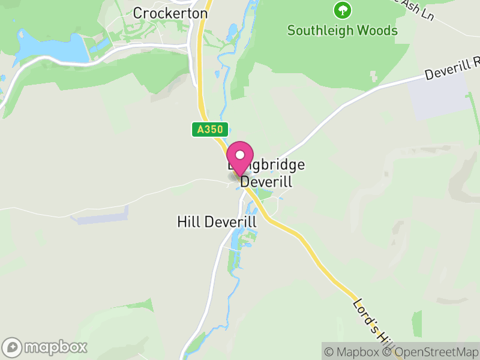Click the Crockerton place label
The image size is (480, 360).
pyautogui.click(x=170, y=13)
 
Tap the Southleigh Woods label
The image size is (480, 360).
pyautogui.click(x=342, y=30)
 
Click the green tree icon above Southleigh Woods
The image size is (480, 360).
pyautogui.click(x=342, y=10)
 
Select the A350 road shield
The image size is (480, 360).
pyautogui.click(x=203, y=129)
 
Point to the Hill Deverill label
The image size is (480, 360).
pyautogui.click(x=217, y=221)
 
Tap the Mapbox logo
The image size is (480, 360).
pyautogui.click(x=46, y=347)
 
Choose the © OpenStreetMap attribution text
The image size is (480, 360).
pyautogui.click(x=429, y=352)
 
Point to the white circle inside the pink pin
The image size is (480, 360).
pyautogui.click(x=241, y=154)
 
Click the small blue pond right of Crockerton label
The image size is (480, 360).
pyautogui.click(x=232, y=29)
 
